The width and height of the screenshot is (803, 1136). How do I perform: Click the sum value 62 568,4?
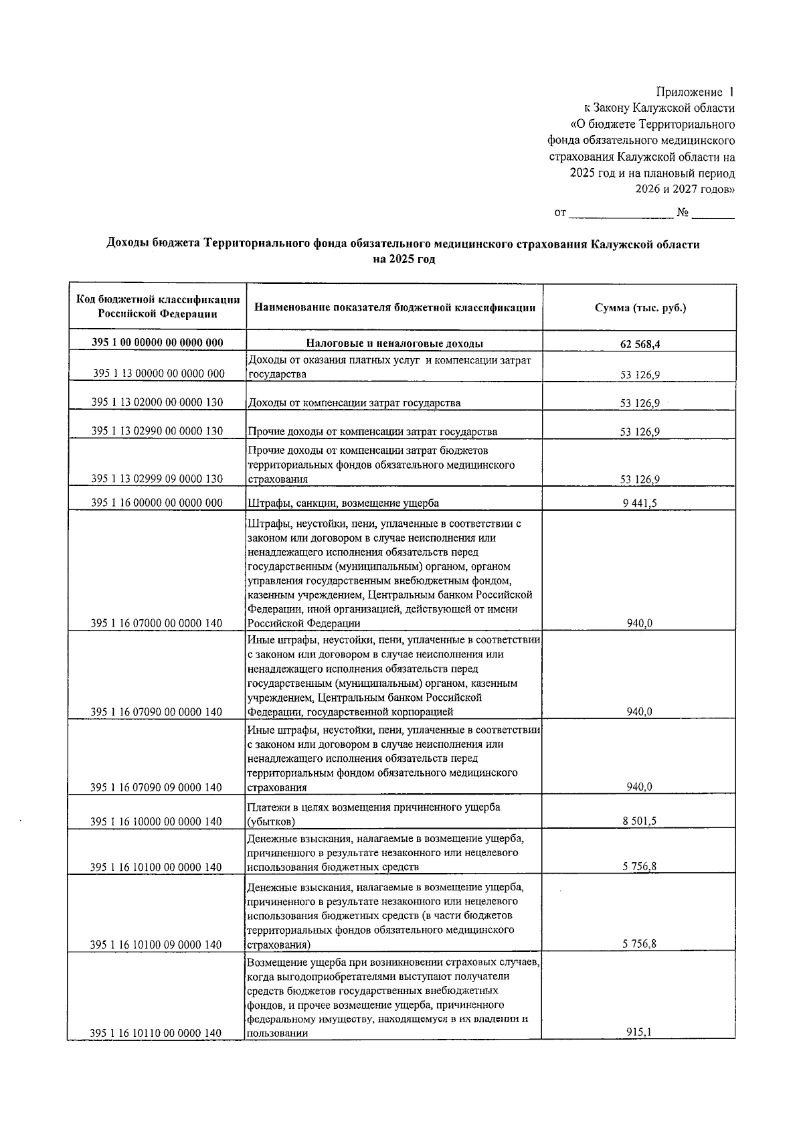[x=640, y=345]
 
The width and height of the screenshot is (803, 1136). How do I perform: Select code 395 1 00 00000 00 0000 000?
[x=157, y=343]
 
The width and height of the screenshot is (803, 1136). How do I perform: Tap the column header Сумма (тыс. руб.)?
[x=640, y=308]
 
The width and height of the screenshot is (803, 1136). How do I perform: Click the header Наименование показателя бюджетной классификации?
[x=395, y=308]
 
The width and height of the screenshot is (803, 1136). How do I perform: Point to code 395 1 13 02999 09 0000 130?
[x=157, y=479]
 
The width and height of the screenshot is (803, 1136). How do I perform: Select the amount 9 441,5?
[x=639, y=503]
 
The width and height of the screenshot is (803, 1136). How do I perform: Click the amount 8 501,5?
[x=639, y=821]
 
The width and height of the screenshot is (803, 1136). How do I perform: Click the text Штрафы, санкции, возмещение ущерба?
[x=343, y=503]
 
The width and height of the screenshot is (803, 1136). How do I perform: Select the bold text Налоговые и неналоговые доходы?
[x=395, y=344]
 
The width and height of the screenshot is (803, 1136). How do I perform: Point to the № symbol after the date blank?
[x=683, y=214]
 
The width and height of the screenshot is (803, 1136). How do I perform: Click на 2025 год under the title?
[x=404, y=260]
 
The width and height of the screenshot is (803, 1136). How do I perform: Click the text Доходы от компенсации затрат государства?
[x=354, y=403]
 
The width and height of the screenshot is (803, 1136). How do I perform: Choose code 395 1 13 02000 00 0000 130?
[x=157, y=402]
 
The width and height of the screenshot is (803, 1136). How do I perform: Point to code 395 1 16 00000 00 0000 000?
[x=157, y=503]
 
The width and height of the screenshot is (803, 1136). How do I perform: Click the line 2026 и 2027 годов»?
[x=685, y=189]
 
